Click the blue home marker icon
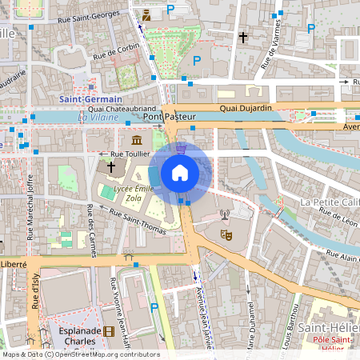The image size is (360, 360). click(180, 172)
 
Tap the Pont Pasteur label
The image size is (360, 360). click(171, 117)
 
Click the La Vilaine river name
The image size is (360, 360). click(98, 117)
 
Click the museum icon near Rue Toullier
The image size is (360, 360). click(126, 140)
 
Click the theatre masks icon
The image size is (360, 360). click(226, 236)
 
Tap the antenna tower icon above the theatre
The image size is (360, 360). click(225, 214)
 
